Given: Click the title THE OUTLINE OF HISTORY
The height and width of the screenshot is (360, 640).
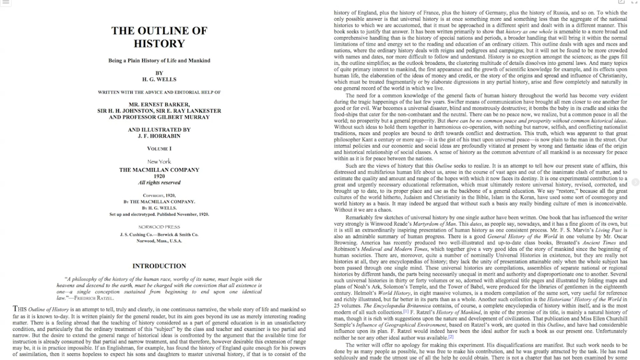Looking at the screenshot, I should [x=159, y=37].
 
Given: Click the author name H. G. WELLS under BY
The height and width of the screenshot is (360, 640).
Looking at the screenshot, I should [x=159, y=79].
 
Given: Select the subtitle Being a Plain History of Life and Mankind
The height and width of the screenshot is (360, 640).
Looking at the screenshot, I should [x=159, y=60].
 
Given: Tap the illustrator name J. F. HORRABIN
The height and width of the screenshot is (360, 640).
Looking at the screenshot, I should [x=159, y=136].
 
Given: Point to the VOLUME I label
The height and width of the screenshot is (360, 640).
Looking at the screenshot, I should [x=159, y=148].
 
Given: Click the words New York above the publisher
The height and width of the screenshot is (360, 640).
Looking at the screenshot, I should [x=159, y=161].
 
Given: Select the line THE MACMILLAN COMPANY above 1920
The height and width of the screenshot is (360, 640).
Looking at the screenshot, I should [x=159, y=170].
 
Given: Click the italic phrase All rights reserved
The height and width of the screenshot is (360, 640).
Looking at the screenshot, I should [x=159, y=182].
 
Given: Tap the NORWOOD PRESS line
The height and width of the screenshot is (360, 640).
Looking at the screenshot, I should [x=159, y=227].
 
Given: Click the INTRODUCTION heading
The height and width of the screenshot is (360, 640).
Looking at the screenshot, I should [x=159, y=266].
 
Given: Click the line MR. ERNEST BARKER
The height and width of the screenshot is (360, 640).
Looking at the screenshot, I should [x=159, y=104].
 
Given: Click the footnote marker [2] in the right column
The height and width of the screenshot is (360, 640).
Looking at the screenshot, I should [x=451, y=337].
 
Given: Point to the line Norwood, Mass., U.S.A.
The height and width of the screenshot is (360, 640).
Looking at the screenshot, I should [x=159, y=241].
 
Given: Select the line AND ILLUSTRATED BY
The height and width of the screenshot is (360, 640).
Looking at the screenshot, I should [x=159, y=130].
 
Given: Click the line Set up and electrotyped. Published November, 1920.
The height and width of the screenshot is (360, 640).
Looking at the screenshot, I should [x=159, y=214].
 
